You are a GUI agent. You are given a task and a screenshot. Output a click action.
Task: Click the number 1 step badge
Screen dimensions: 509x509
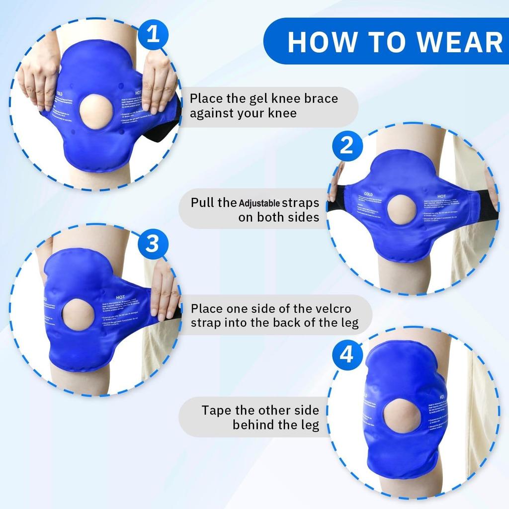point(154,35)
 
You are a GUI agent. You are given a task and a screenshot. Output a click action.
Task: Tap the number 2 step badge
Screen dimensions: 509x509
point(346,146)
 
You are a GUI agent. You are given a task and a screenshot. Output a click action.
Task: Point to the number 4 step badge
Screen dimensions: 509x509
point(347,355)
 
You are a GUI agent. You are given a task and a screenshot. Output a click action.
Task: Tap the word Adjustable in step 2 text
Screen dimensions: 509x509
point(259,203)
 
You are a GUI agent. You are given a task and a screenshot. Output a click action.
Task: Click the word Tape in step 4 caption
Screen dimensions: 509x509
point(217,411)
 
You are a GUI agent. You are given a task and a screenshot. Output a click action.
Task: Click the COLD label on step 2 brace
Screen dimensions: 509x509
point(368,195)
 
